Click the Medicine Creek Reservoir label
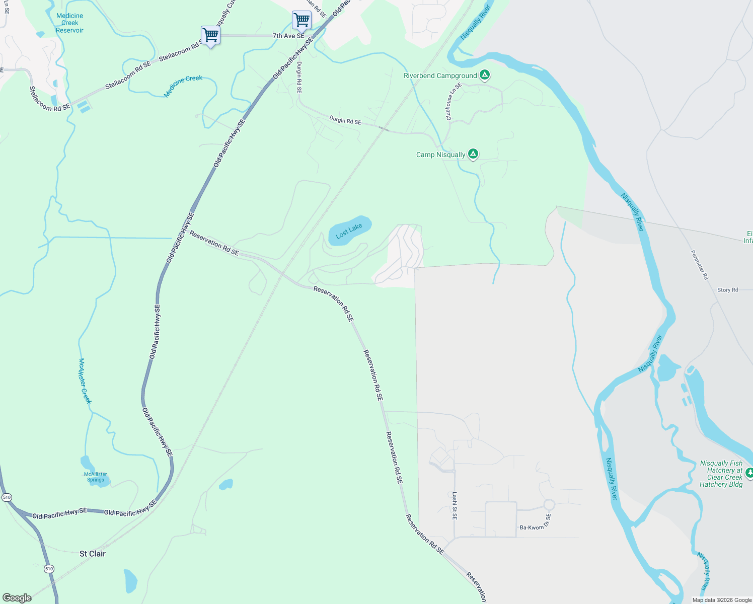pyautogui.click(x=69, y=23)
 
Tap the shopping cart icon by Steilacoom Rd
pyautogui.click(x=210, y=35)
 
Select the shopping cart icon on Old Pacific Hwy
pyautogui.click(x=302, y=20)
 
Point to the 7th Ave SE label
pyautogui.click(x=288, y=36)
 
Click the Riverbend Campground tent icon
pyautogui.click(x=484, y=75)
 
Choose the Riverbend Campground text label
pyautogui.click(x=440, y=75)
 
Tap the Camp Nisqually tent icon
pyautogui.click(x=473, y=154)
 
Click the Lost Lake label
pyautogui.click(x=349, y=231)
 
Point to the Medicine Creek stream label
pyautogui.click(x=183, y=86)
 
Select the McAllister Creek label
pyautogui.click(x=85, y=381)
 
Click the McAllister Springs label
pyautogui.click(x=95, y=477)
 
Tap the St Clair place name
pyautogui.click(x=93, y=554)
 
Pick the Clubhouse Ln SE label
pyautogui.click(x=454, y=101)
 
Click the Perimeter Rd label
pyautogui.click(x=699, y=265)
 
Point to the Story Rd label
pyautogui.click(x=727, y=290)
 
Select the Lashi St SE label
pyautogui.click(x=455, y=505)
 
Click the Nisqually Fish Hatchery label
pyautogui.click(x=721, y=474)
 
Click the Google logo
pyautogui.click(x=17, y=598)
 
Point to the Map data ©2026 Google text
pyautogui.click(x=722, y=600)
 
